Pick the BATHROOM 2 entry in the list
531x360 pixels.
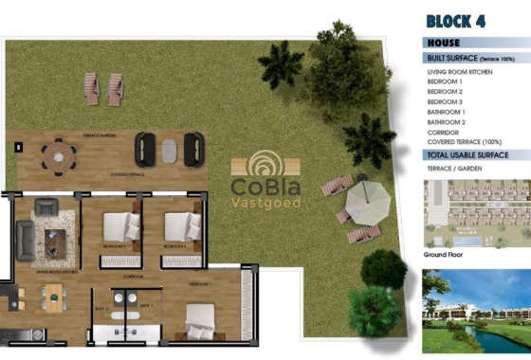(x=446, y=122)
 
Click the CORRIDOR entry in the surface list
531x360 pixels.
(x=442, y=133)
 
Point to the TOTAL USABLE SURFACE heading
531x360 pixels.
(x=467, y=154)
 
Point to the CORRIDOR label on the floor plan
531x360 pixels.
(x=133, y=276)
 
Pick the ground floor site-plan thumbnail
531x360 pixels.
(x=476, y=213)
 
